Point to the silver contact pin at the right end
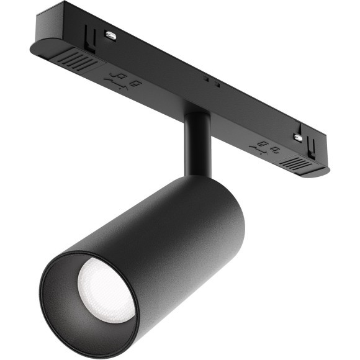298,137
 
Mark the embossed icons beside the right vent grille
266,147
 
